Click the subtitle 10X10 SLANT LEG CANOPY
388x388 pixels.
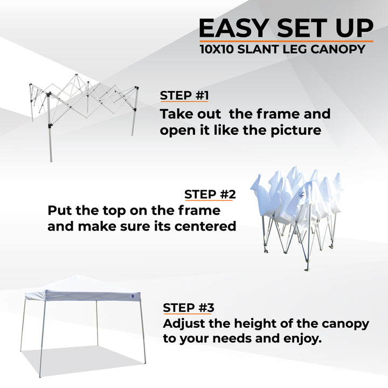[x=282, y=50]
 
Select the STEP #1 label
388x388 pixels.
[x=184, y=96]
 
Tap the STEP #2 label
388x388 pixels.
[x=210, y=194]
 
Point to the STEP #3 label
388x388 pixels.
[x=189, y=308]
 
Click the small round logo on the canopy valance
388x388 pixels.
[x=134, y=295]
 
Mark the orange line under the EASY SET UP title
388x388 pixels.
[x=286, y=41]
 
